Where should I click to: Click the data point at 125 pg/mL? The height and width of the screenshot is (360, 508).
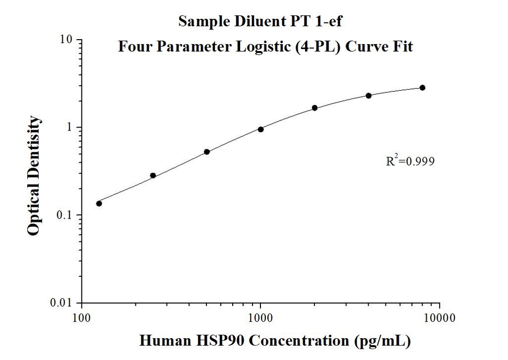click(99, 203)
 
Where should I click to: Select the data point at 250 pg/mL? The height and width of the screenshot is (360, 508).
click(153, 176)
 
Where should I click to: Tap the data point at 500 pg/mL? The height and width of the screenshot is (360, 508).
click(207, 152)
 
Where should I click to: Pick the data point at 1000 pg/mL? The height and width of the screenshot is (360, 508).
click(260, 129)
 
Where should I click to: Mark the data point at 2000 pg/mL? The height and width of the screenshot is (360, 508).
click(315, 108)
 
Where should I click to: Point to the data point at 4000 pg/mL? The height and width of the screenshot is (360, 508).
click(369, 95)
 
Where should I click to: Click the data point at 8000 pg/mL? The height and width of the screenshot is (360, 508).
click(422, 88)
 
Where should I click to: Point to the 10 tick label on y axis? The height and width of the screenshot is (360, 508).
click(67, 40)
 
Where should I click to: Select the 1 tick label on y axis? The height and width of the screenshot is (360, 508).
click(70, 127)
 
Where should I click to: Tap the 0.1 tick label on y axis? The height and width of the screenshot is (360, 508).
click(65, 215)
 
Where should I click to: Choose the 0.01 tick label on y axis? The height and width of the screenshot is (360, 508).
click(63, 303)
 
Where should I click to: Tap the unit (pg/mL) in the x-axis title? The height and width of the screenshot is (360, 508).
click(382, 341)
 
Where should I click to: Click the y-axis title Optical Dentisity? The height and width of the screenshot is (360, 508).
click(34, 176)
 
